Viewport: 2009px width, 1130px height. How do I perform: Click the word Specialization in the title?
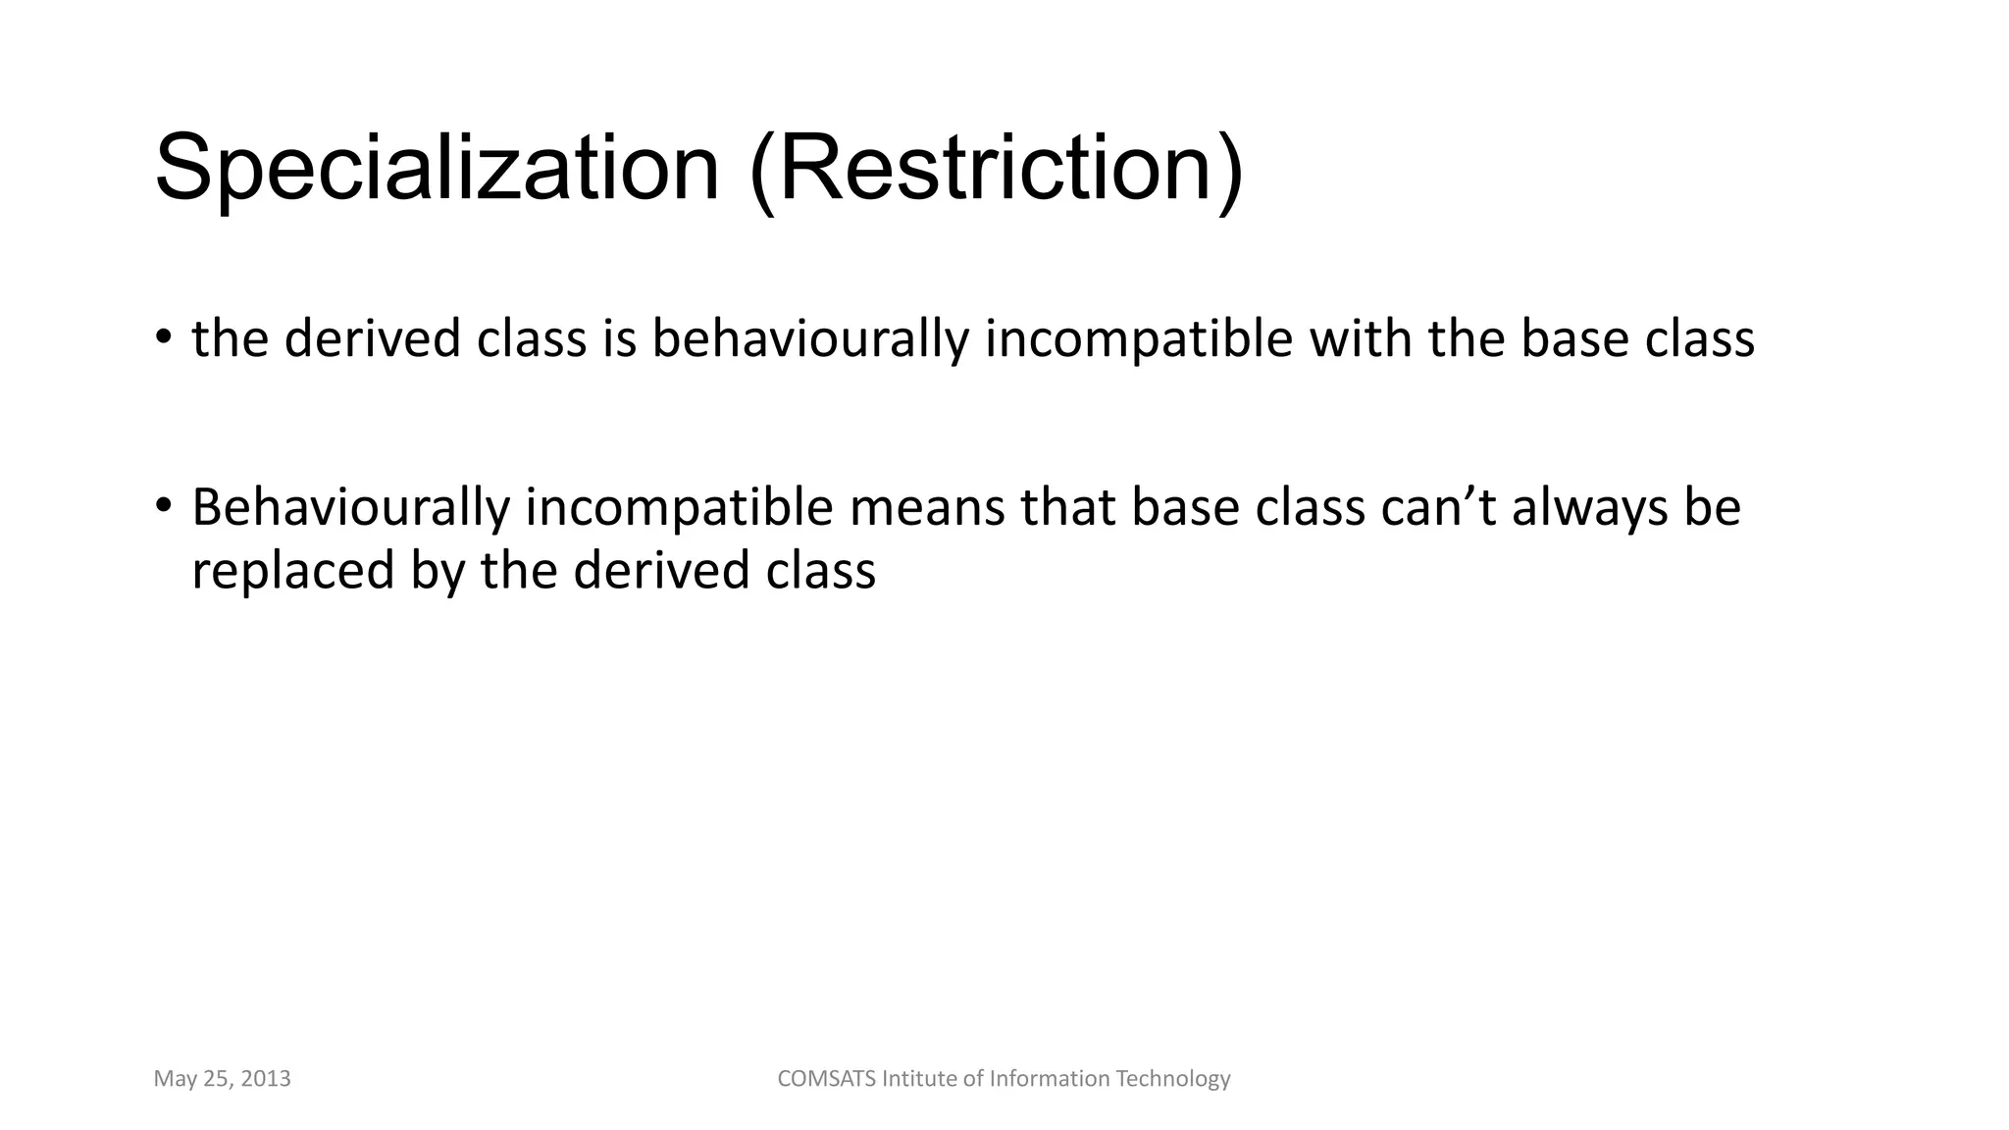pos(437,169)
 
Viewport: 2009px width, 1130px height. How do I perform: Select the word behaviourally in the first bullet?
pos(809,339)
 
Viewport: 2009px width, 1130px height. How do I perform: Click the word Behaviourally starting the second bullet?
pos(350,508)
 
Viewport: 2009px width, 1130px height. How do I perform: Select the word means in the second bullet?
pos(927,508)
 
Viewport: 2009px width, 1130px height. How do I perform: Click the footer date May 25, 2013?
pos(222,1079)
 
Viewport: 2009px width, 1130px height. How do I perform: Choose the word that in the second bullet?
pos(1068,507)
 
